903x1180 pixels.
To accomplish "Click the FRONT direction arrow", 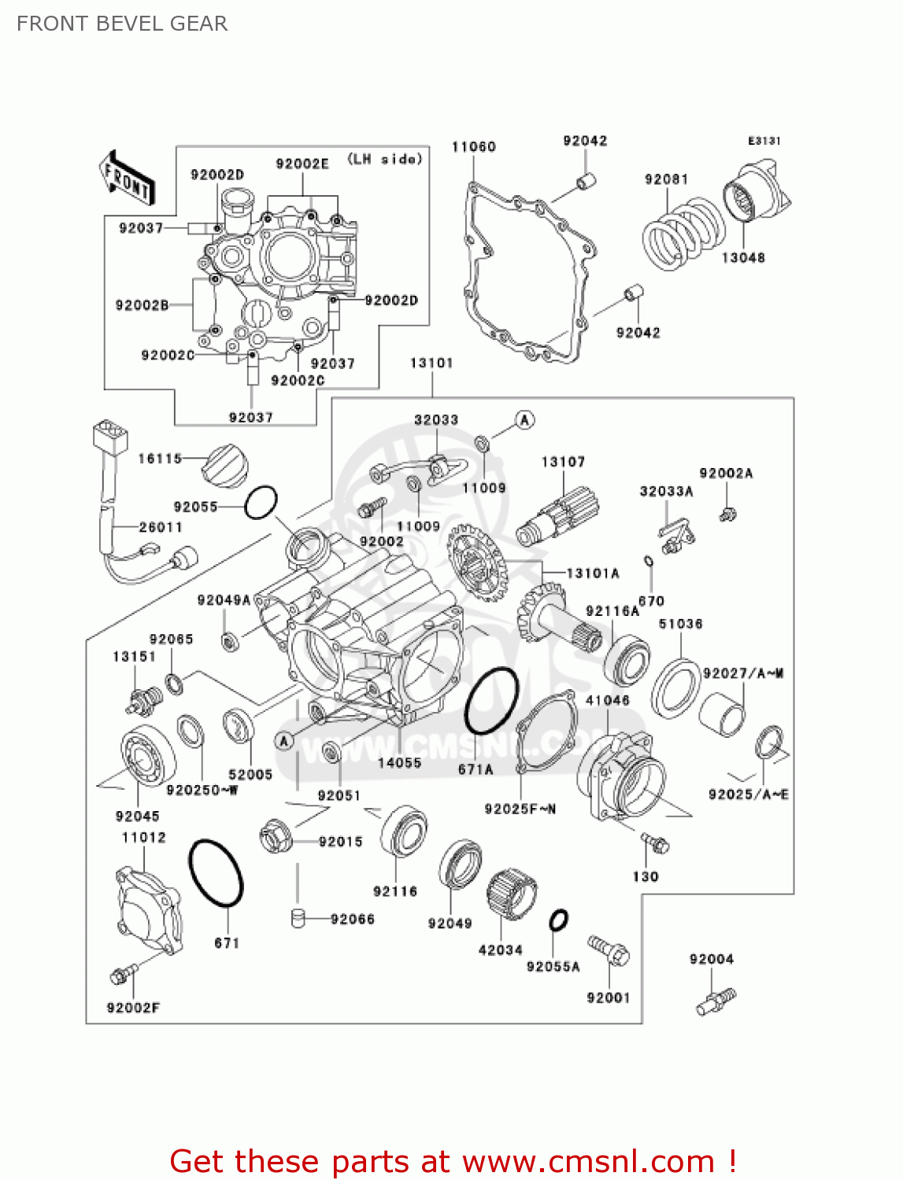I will click(x=126, y=178).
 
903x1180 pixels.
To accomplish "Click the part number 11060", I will click(x=473, y=146).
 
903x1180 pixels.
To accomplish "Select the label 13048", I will click(x=743, y=257).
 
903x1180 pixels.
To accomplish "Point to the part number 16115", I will click(x=160, y=458).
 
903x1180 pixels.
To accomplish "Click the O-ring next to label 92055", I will click(x=261, y=502).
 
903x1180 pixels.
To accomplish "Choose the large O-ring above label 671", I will click(x=216, y=873).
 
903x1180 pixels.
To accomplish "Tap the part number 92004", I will click(x=711, y=959).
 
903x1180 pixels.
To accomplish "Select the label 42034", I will click(x=501, y=950).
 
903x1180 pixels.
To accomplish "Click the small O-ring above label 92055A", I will click(x=558, y=920).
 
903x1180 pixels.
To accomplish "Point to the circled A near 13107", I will click(x=525, y=420).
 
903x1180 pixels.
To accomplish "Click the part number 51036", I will click(x=680, y=624).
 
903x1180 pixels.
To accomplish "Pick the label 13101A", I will click(x=593, y=573).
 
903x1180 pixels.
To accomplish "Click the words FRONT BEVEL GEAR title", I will click(x=122, y=24).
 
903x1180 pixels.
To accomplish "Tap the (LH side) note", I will click(x=385, y=159).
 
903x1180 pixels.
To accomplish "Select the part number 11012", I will click(x=144, y=837).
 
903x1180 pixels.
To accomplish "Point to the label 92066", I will click(x=352, y=919).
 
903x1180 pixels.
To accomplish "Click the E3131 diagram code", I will click(x=764, y=140).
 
